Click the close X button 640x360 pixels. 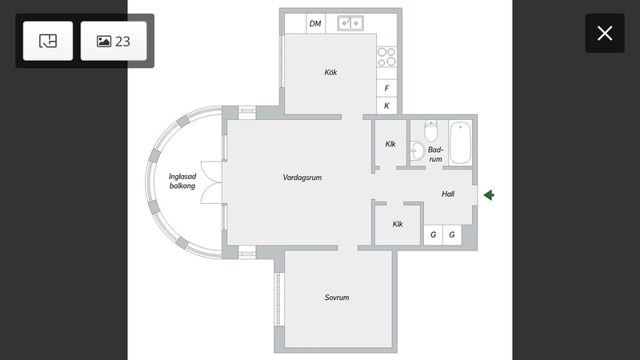(x=605, y=33)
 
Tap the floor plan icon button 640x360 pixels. (x=48, y=41)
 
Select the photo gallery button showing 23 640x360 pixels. (x=114, y=41)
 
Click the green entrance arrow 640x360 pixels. (x=489, y=195)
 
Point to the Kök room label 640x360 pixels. (x=330, y=72)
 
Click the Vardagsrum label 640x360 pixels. (x=302, y=178)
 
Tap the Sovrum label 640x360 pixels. (x=337, y=298)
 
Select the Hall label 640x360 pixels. (x=448, y=194)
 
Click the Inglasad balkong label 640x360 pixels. (x=182, y=182)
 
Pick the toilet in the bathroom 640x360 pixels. (x=430, y=130)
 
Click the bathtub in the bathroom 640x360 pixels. (x=461, y=143)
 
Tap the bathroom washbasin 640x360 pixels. (x=417, y=151)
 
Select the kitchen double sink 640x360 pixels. (x=350, y=23)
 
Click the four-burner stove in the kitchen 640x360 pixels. (x=386, y=57)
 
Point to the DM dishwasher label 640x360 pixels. (x=315, y=24)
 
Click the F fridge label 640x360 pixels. (x=386, y=88)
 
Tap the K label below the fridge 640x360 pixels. (x=386, y=106)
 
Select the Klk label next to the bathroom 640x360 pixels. (x=390, y=144)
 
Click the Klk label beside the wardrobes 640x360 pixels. (x=398, y=224)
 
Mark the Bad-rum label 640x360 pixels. (x=435, y=154)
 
